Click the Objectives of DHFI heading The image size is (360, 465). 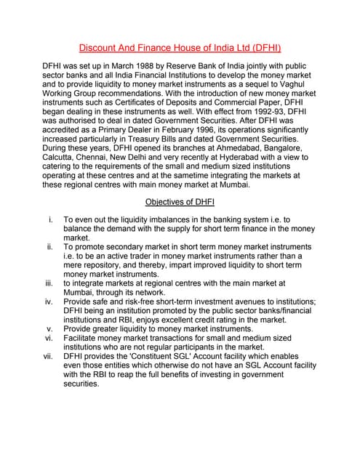(180, 201)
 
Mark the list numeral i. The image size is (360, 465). (50, 219)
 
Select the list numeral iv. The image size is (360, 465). (49, 302)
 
